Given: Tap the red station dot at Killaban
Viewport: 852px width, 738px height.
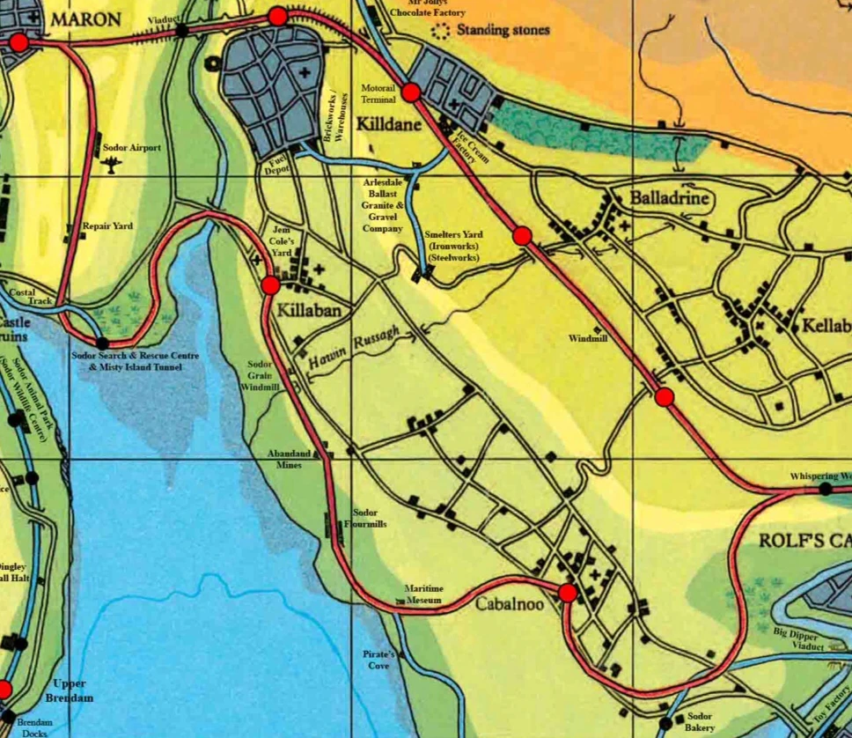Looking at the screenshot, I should [270, 284].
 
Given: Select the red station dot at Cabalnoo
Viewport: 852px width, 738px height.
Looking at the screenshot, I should [568, 593].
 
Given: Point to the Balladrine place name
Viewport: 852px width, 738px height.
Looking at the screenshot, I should [669, 198].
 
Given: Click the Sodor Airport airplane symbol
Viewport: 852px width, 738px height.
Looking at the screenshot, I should [111, 165].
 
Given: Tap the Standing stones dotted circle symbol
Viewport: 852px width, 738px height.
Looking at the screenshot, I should [439, 31].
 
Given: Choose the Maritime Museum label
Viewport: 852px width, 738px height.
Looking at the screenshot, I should [424, 594].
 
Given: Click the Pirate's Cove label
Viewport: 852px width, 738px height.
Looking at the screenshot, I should [378, 660].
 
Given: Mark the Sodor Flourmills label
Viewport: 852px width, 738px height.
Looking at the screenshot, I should [364, 518].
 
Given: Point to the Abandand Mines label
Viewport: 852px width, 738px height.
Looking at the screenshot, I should [290, 459].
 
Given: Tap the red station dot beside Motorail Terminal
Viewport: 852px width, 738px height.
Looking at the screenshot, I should [411, 92].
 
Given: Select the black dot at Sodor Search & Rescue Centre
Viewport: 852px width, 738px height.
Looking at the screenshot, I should [103, 343].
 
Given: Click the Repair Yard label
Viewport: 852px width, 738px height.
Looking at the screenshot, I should [107, 226].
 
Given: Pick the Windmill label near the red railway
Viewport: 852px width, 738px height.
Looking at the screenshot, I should [587, 338].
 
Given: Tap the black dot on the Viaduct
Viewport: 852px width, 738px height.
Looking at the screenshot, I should [181, 31].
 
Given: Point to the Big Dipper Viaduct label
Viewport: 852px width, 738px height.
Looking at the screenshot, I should [799, 638].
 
